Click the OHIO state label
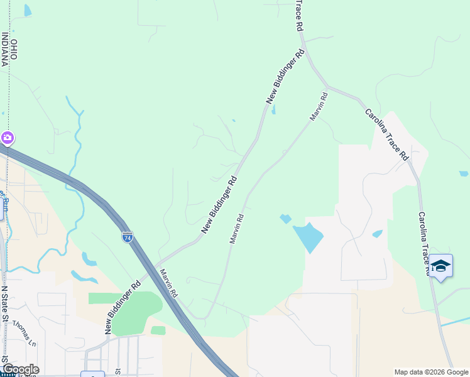(x=14, y=50)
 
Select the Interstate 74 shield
(x=127, y=237)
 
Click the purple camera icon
(x=7, y=137)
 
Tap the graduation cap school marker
(x=440, y=266)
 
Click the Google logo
(x=20, y=369)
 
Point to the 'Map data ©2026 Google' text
(x=430, y=372)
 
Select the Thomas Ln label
(x=25, y=334)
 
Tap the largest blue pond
(x=309, y=237)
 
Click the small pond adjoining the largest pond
(x=285, y=219)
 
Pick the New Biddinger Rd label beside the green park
(x=123, y=308)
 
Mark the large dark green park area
(x=134, y=312)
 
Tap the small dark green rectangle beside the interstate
(x=158, y=330)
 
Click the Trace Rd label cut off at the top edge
(x=299, y=16)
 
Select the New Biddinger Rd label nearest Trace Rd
(x=285, y=77)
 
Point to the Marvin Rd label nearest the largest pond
(x=236, y=229)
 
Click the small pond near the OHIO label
(x=28, y=10)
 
